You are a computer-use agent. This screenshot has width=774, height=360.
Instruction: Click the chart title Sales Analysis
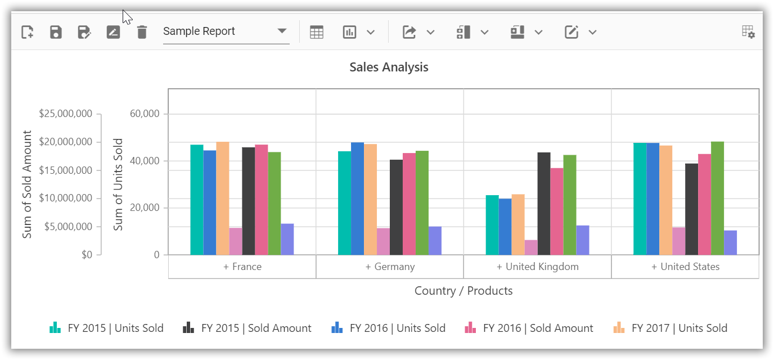click(389, 67)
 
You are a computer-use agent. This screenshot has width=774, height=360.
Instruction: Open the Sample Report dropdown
click(226, 31)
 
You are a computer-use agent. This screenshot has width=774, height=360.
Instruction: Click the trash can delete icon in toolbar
click(142, 32)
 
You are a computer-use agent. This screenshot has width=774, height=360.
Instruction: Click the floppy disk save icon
click(56, 32)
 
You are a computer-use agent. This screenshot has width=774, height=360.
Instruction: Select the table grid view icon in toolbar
click(317, 32)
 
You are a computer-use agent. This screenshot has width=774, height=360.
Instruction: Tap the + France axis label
click(242, 267)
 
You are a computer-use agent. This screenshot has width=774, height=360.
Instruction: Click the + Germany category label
click(390, 267)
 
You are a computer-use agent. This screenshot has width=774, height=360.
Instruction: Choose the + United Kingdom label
click(537, 267)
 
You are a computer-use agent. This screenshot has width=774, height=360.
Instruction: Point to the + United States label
click(685, 267)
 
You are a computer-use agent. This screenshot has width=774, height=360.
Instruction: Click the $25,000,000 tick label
click(65, 114)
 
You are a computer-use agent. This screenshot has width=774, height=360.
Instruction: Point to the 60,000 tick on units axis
click(145, 114)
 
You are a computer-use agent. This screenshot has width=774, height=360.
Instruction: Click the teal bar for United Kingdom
click(492, 225)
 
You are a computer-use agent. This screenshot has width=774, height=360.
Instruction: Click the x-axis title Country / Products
click(463, 291)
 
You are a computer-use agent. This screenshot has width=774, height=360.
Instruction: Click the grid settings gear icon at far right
click(748, 32)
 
